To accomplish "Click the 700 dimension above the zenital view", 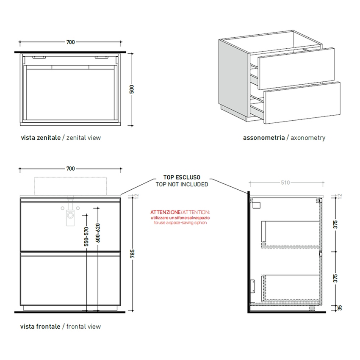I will click(70, 42).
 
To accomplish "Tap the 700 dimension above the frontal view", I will click(70, 169).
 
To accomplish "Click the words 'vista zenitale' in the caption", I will click(40, 138).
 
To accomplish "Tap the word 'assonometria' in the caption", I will click(263, 138).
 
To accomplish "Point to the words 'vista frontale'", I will click(40, 327).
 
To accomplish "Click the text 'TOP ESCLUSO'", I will click(182, 177).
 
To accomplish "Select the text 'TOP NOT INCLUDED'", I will click(182, 184).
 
